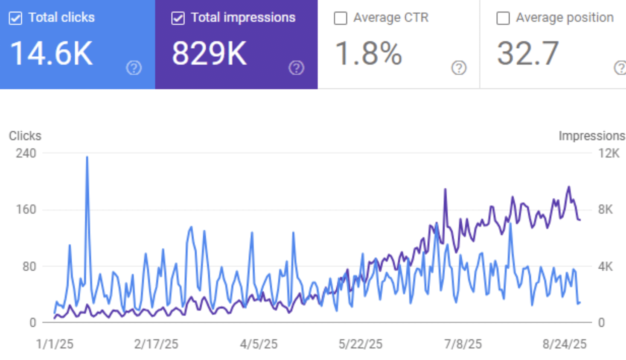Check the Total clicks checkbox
tap(16, 18)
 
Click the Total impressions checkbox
tap(178, 18)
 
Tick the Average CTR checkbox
tap(341, 18)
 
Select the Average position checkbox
tap(503, 18)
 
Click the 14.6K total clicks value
tap(51, 54)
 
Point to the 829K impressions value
tap(209, 54)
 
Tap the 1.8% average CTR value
tap(368, 54)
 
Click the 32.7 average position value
tap(528, 54)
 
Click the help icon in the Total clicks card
tap(134, 68)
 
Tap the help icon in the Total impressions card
tap(296, 68)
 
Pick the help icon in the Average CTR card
tap(459, 68)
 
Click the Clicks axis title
tap(25, 136)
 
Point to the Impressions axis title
tap(591, 136)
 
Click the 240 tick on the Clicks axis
tap(26, 153)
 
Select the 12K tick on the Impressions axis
tap(609, 153)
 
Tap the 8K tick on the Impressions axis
tap(606, 210)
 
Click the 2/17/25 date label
tap(156, 344)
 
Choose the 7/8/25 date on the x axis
tap(463, 344)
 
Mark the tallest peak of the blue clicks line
tap(87, 157)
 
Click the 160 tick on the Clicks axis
tap(26, 210)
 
